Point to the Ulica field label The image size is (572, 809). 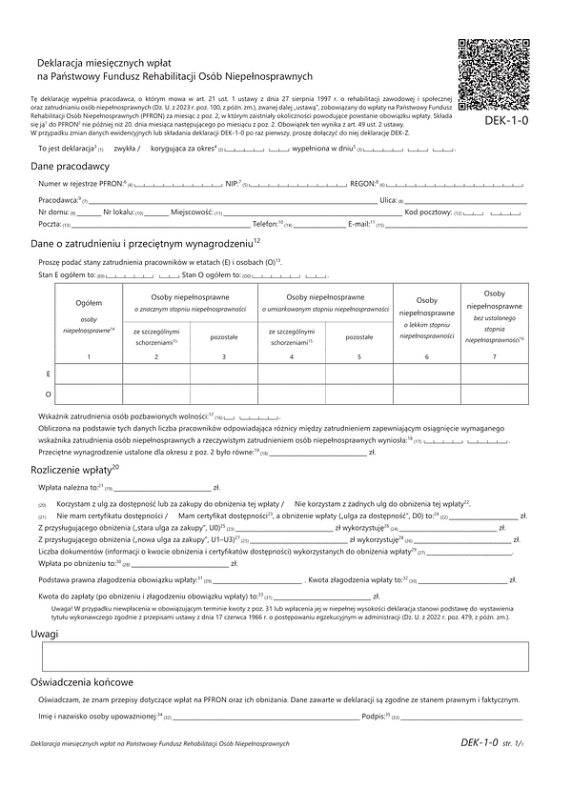pos(388,200)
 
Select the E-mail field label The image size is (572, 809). pos(360,224)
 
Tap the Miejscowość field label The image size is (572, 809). pos(192,212)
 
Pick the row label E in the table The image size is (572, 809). pos(49,374)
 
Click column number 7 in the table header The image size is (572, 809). pos(494,356)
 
